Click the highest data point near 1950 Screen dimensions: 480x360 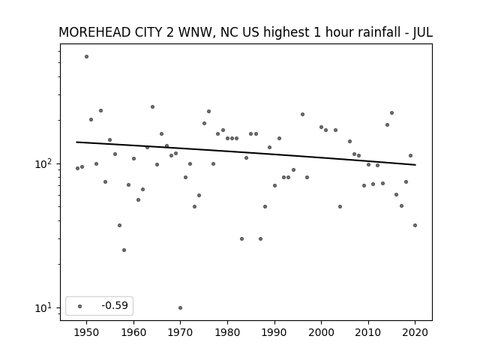tap(87, 57)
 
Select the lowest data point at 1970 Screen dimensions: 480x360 tap(180, 307)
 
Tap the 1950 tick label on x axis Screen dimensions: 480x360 tap(87, 332)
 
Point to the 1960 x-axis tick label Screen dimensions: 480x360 tap(133, 332)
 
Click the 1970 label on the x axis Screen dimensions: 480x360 tap(180, 332)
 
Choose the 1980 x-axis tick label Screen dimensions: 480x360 tap(227, 332)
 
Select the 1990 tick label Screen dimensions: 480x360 tap(274, 332)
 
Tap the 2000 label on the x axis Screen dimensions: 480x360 tap(322, 332)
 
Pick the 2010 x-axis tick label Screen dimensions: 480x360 tap(368, 332)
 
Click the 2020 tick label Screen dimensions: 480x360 tap(415, 332)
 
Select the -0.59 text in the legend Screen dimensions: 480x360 tap(115, 305)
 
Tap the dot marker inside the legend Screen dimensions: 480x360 tap(80, 306)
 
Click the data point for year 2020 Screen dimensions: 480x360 tap(415, 225)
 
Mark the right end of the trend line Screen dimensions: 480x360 tap(415, 165)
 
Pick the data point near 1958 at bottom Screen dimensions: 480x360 tap(124, 250)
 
